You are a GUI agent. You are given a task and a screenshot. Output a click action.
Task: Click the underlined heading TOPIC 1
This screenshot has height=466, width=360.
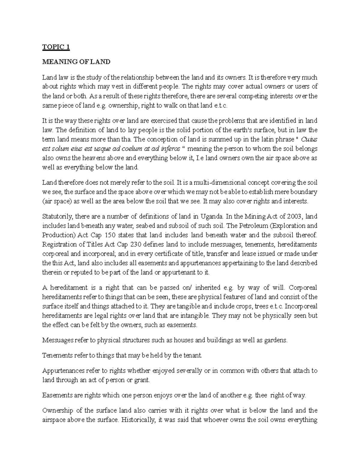pyautogui.click(x=56, y=47)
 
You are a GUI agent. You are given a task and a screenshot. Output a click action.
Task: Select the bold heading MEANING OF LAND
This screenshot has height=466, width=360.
pyautogui.click(x=76, y=62)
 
